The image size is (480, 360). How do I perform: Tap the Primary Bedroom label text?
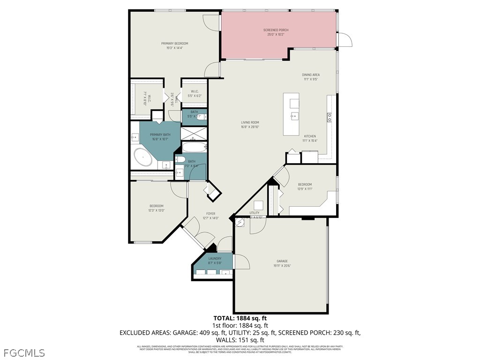174,44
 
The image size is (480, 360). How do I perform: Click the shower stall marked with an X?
194,134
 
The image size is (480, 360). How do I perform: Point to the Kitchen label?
310,136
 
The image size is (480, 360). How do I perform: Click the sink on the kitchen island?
294,116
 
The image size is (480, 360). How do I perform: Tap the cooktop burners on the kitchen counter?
330,117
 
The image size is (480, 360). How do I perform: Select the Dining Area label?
311,75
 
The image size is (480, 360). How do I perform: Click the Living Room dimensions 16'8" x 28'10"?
250,127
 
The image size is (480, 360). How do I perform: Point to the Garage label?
282,261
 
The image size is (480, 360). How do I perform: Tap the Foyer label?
210,214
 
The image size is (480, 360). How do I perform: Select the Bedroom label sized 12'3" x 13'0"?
157,206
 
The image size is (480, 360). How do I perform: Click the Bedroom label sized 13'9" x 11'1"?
305,185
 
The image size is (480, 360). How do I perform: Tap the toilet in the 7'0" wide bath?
180,160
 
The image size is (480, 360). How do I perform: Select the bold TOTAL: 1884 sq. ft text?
240,318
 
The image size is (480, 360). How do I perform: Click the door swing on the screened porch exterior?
345,40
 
